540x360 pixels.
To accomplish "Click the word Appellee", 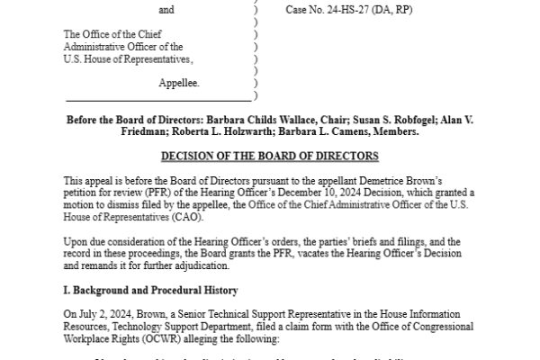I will click(x=179, y=82).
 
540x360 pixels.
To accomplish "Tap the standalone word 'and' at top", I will click(x=166, y=10).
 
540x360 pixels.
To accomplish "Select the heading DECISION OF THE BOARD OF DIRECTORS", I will click(x=269, y=155).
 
